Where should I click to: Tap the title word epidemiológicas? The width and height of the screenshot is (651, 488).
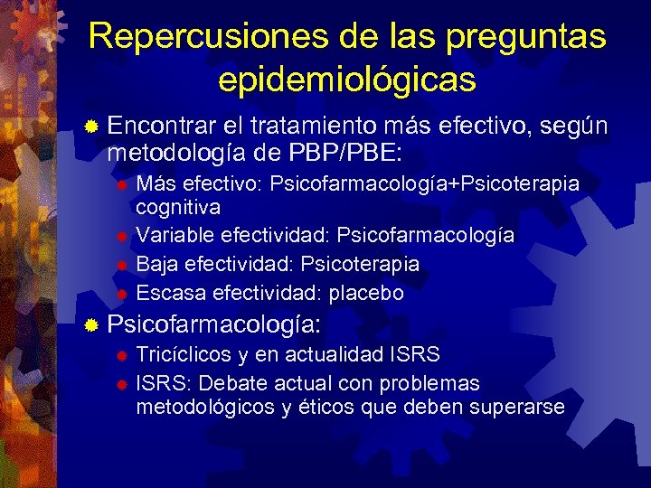[347, 80]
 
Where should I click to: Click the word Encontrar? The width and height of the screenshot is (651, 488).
[165, 127]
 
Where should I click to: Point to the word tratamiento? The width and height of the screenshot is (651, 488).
[330, 127]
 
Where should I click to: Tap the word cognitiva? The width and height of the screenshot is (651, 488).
[177, 208]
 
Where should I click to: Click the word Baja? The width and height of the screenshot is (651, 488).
[156, 264]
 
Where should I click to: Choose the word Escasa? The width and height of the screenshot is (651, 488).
[170, 294]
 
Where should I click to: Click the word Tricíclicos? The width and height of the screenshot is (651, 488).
[184, 353]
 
